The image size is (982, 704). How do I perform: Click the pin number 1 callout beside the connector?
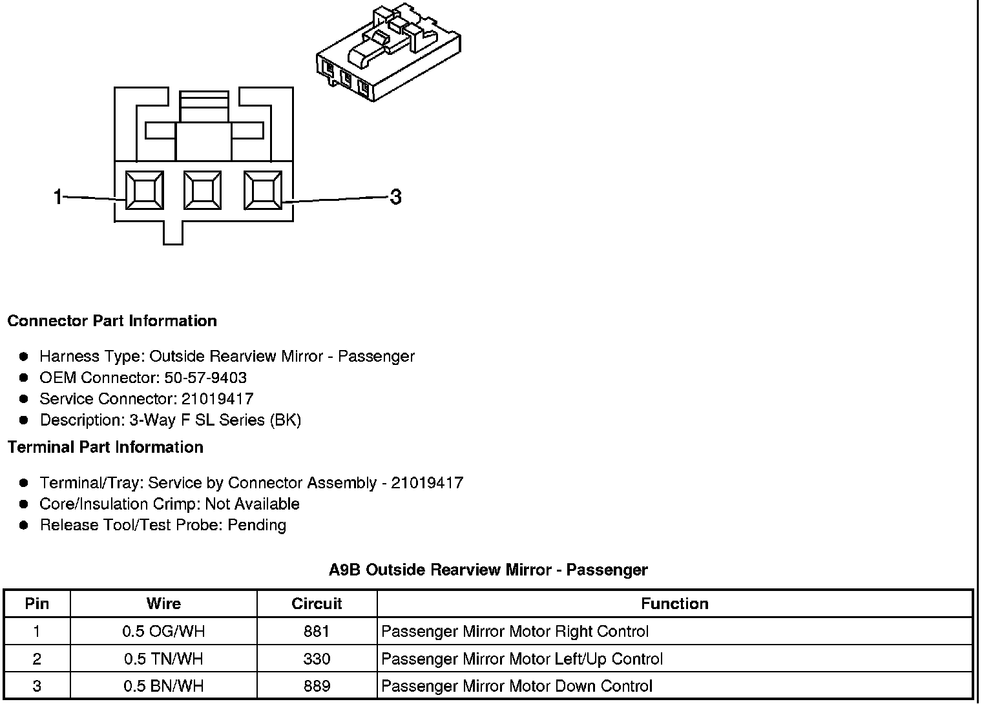pyautogui.click(x=58, y=196)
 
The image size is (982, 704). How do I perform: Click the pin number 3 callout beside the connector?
pyautogui.click(x=395, y=196)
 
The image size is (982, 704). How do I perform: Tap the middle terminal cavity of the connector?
pyautogui.click(x=203, y=191)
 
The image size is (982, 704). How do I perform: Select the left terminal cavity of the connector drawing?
pyautogui.click(x=144, y=191)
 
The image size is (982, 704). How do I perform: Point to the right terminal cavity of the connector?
pyautogui.click(x=262, y=191)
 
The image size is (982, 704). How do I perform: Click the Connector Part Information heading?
pyautogui.click(x=112, y=321)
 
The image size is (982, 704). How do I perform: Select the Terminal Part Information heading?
pyautogui.click(x=105, y=447)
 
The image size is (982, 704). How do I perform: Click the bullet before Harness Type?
pyautogui.click(x=24, y=356)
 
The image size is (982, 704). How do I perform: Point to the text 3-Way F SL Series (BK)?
pyautogui.click(x=215, y=420)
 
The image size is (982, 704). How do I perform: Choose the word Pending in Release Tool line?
pyautogui.click(x=257, y=524)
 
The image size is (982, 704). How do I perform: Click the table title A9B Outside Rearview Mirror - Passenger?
pyautogui.click(x=488, y=570)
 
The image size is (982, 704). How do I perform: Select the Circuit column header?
pyautogui.click(x=317, y=603)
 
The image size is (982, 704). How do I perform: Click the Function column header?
pyautogui.click(x=674, y=603)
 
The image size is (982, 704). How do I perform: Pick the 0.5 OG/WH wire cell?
pyautogui.click(x=163, y=631)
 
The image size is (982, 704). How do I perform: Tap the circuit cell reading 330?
pyautogui.click(x=317, y=659)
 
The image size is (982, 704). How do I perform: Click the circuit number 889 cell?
pyautogui.click(x=317, y=686)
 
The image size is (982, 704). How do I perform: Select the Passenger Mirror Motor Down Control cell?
pyautogui.click(x=517, y=686)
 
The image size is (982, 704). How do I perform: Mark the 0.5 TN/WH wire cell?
pyautogui.click(x=163, y=659)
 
